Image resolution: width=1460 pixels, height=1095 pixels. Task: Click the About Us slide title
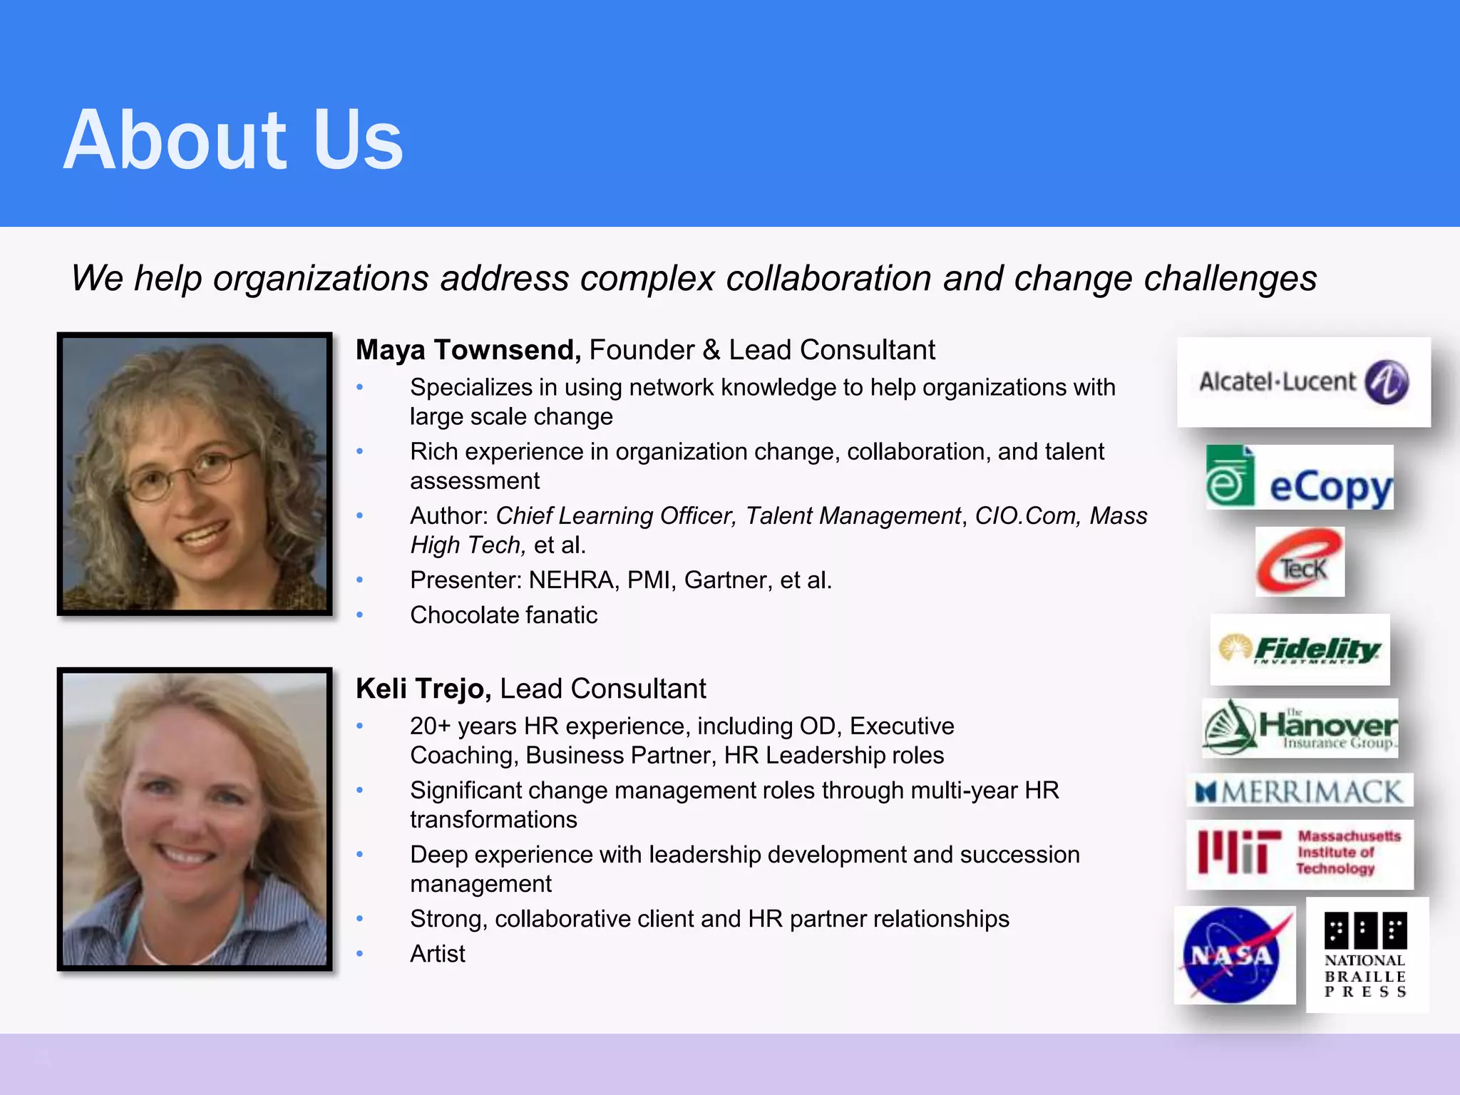pyautogui.click(x=233, y=140)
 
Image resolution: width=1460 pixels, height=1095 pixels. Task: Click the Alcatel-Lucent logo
pyautogui.click(x=1303, y=382)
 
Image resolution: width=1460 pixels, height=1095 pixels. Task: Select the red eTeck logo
pyautogui.click(x=1299, y=562)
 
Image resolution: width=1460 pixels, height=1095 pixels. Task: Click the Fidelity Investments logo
pyautogui.click(x=1299, y=649)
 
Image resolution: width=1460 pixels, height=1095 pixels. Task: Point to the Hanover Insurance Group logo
pyautogui.click(x=1299, y=727)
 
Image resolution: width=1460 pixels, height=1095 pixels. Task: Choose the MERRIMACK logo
pyautogui.click(x=1299, y=791)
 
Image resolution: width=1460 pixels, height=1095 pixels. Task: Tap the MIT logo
pyautogui.click(x=1299, y=853)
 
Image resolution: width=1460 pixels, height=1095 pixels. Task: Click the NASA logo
pyautogui.click(x=1233, y=955)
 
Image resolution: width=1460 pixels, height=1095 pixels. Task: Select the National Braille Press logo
pyautogui.click(x=1366, y=955)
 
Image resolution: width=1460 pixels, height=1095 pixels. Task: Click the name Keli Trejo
pyautogui.click(x=423, y=689)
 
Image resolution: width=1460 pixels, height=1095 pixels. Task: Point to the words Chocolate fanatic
pyautogui.click(x=503, y=615)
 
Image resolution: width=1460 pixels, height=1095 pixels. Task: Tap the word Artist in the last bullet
pyautogui.click(x=437, y=954)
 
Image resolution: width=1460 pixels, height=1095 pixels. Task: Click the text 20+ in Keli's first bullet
pyautogui.click(x=430, y=726)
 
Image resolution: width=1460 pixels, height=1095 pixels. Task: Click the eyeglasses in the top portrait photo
pyautogui.click(x=189, y=476)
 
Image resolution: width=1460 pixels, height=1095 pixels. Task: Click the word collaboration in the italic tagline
pyautogui.click(x=828, y=278)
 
